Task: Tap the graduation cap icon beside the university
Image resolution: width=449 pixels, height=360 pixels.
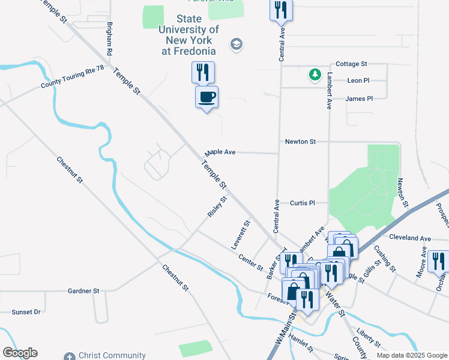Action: point(237,44)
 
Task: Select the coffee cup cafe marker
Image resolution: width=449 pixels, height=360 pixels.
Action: point(206,97)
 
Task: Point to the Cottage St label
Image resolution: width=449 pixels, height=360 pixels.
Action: point(351,64)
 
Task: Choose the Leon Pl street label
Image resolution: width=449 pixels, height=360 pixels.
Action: point(358,80)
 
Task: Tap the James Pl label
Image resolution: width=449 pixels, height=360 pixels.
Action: point(359,98)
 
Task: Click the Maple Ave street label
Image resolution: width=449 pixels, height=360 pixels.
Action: point(220,152)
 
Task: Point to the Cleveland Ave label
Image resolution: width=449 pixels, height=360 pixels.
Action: point(410,238)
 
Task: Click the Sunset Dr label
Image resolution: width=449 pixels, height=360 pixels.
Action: point(26,312)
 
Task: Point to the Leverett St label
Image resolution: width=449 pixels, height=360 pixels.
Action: point(240,235)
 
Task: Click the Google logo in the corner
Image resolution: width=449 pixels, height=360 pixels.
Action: point(20,353)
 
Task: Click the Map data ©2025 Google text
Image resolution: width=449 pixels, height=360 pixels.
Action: point(411,355)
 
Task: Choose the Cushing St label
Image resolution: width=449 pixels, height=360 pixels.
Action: point(384,257)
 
